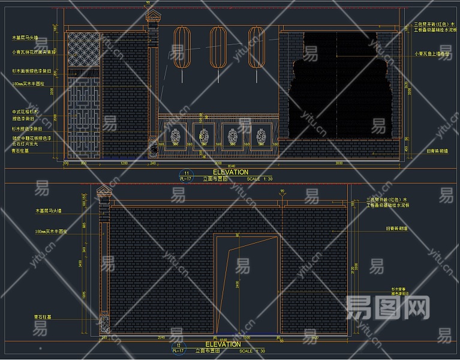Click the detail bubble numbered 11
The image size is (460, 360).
click(x=187, y=173)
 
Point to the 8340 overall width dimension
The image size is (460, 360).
click(x=232, y=165)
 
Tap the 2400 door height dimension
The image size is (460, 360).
click(x=237, y=283)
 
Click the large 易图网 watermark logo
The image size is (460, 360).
click(x=388, y=308)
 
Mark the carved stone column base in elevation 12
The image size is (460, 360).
click(x=104, y=322)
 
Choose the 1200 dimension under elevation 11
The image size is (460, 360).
click(x=124, y=163)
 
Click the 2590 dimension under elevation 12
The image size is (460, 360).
click(x=162, y=338)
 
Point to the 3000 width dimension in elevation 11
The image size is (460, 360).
click(x=339, y=163)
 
